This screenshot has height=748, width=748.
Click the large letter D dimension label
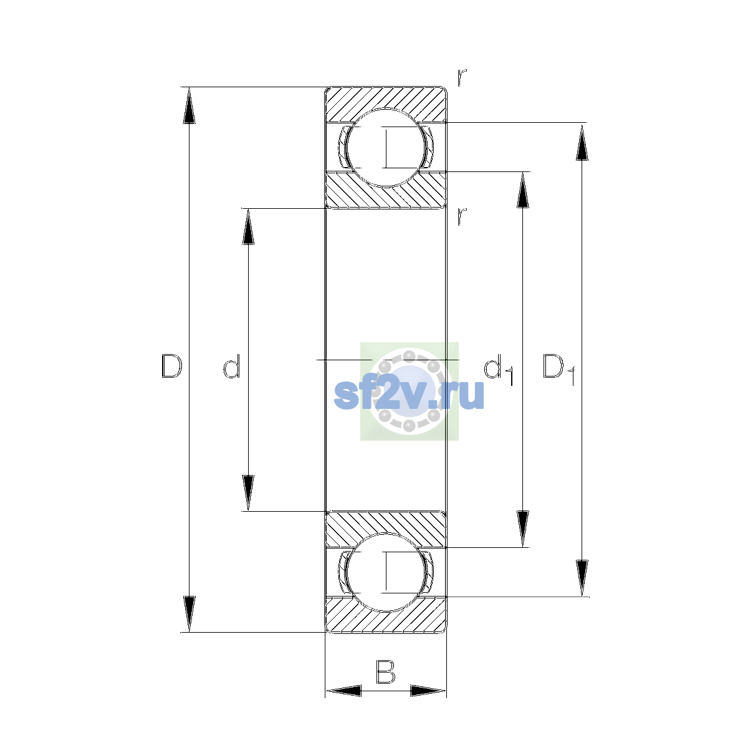point(171,366)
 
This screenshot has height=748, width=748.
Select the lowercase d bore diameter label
point(232,366)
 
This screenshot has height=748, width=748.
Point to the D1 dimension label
point(559,369)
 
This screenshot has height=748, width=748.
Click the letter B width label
point(385,671)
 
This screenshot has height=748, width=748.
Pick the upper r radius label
point(461,77)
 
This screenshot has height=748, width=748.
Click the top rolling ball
point(386,148)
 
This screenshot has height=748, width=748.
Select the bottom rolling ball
point(386,572)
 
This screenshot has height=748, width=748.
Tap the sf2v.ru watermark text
point(409,394)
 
